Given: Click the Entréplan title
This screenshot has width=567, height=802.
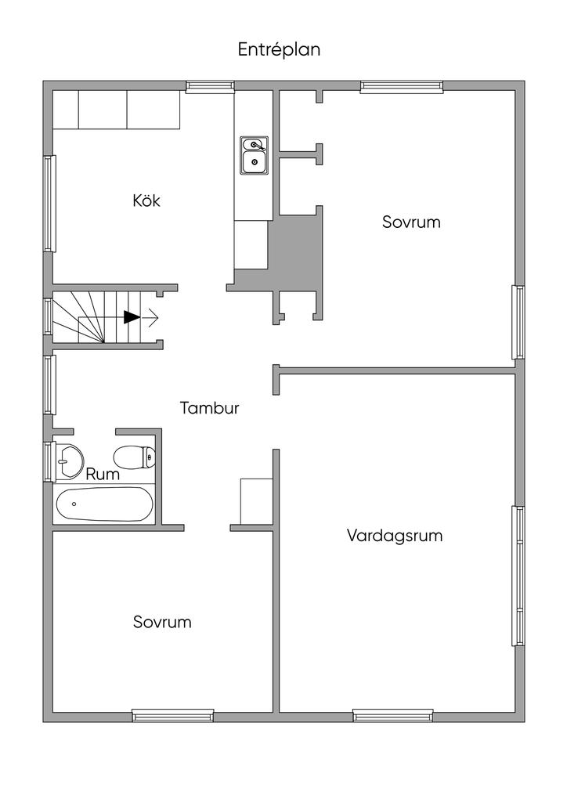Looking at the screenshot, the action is coord(279,49).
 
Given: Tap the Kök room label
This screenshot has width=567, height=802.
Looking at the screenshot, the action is coord(146,200).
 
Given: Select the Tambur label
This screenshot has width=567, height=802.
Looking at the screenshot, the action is coord(210,407).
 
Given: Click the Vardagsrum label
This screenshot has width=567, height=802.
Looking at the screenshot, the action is coord(395,536).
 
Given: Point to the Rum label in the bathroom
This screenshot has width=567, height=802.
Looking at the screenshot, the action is coord(103,474).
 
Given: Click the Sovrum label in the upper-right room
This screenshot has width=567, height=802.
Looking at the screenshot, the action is coord(411,222).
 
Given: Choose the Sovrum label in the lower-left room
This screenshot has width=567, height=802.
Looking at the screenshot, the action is coord(162,621).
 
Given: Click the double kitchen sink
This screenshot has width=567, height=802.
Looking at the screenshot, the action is coord(255,156).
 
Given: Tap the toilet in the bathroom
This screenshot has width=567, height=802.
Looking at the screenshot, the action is coord(135,457).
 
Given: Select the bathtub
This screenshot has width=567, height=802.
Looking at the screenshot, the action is coord(104,504).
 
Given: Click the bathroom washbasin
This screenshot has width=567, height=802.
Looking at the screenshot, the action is coord(69,462).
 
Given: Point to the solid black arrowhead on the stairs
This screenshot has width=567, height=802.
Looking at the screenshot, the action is coord(132,318).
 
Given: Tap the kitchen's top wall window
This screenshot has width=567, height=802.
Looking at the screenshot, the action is coord(210,86).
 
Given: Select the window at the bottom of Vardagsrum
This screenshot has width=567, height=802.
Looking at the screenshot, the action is coord(392,716).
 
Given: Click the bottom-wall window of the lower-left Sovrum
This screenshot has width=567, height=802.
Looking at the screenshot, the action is coord(173,716).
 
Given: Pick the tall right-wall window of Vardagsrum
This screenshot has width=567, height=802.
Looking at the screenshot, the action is coord(518,576).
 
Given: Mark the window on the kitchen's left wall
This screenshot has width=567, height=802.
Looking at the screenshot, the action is coord(49,204).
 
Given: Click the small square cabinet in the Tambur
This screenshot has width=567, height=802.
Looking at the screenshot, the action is coord(256,501).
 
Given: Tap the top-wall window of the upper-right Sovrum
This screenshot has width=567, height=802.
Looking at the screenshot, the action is coord(401,86).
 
